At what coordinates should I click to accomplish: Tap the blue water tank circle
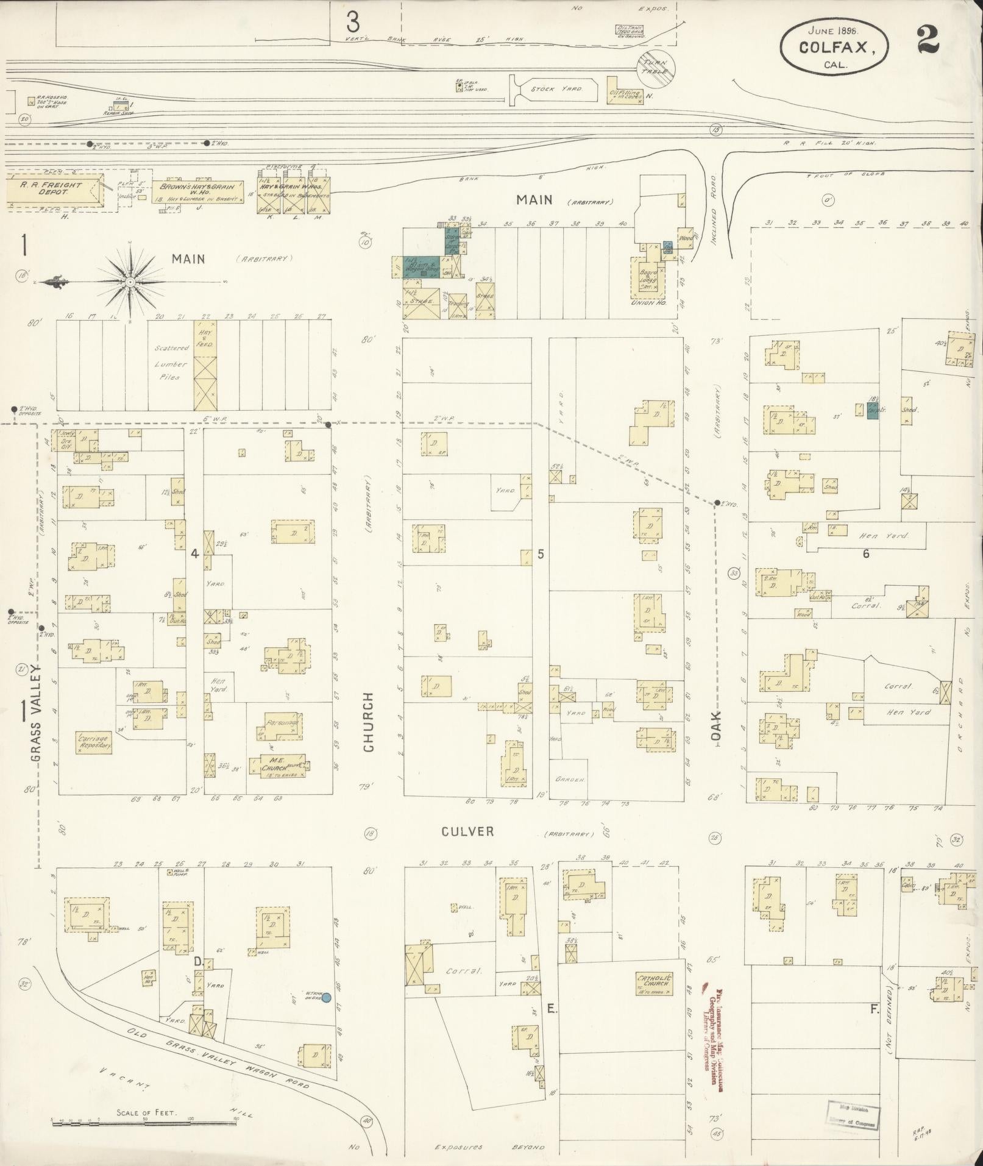[x=326, y=998]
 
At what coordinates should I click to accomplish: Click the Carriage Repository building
[x=93, y=741]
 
